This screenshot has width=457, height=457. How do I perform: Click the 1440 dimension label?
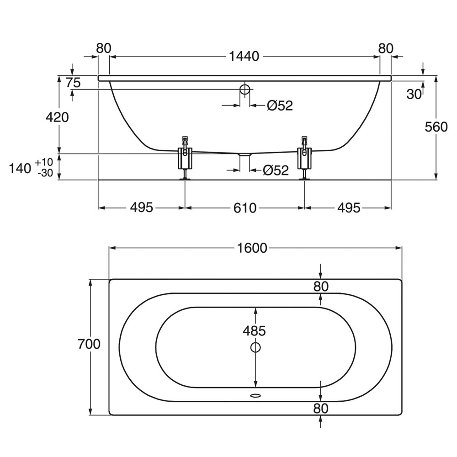[244, 56]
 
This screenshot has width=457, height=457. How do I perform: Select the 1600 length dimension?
[252, 248]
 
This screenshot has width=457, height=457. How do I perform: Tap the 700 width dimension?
[89, 344]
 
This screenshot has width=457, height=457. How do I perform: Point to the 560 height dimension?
[436, 127]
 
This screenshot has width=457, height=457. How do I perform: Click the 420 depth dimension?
[57, 117]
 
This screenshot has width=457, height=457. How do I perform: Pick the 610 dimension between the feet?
[245, 208]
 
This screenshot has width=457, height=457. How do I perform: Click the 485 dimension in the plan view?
[255, 331]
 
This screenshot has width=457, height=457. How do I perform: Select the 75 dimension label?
[73, 83]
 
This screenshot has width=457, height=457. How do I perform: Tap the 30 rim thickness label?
[414, 94]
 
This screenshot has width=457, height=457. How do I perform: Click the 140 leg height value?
[20, 169]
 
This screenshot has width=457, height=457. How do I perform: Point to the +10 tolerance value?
[44, 162]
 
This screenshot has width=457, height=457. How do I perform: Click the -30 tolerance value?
[45, 173]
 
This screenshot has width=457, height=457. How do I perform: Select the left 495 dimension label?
[141, 207]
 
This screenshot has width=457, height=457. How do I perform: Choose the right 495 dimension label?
[349, 207]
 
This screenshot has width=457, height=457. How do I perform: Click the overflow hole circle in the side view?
[245, 89]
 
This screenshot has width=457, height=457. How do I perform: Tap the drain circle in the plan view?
[255, 347]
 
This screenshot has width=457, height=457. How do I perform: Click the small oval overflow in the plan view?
[255, 396]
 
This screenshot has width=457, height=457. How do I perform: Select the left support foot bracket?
[185, 157]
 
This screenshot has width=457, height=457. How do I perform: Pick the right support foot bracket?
[304, 157]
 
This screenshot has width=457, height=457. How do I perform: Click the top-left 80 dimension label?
[104, 48]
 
